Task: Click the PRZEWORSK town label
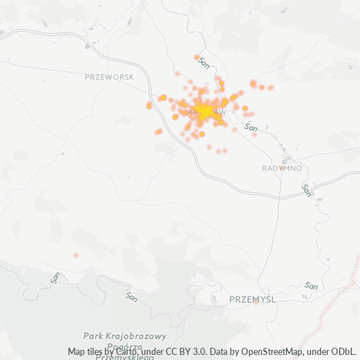tap(109, 76)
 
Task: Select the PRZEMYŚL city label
tap(253, 299)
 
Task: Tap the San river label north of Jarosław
tap(204, 63)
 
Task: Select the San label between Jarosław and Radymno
tap(251, 127)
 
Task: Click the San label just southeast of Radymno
tap(307, 190)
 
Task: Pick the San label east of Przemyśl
tap(311, 286)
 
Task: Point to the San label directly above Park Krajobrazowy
tap(131, 296)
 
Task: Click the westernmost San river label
tap(55, 276)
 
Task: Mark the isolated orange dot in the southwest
tap(76, 255)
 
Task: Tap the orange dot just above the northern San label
tap(197, 57)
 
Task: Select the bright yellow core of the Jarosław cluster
tap(205, 111)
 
